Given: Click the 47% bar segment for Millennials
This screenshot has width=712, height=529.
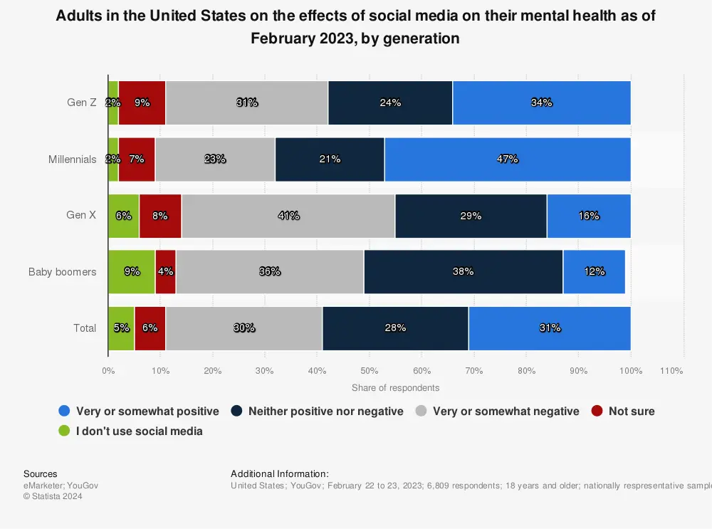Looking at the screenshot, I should click(x=507, y=159).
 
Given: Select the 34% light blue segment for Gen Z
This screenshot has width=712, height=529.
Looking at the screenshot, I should click(x=541, y=103).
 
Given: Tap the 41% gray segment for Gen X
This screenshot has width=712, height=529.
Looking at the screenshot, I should click(x=288, y=216).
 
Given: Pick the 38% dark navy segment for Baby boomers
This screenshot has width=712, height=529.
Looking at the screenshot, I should click(x=463, y=271).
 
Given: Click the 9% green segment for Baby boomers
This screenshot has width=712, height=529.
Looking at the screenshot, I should click(x=131, y=271).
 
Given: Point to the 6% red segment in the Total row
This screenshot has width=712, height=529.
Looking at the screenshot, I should click(x=150, y=328).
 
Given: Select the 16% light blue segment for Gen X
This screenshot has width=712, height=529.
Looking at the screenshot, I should click(x=588, y=216).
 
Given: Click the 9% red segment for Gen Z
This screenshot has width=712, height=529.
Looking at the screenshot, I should click(x=142, y=103).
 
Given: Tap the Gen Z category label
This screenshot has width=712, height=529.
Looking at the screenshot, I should click(x=82, y=103).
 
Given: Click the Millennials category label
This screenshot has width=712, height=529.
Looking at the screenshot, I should click(x=73, y=159).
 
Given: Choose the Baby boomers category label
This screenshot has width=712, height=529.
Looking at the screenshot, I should click(x=63, y=272).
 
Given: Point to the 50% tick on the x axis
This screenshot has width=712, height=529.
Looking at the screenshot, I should click(x=369, y=371).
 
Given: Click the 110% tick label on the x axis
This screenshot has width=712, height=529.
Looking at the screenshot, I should click(x=671, y=371).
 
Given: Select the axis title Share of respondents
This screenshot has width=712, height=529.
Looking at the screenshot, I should click(x=395, y=388).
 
